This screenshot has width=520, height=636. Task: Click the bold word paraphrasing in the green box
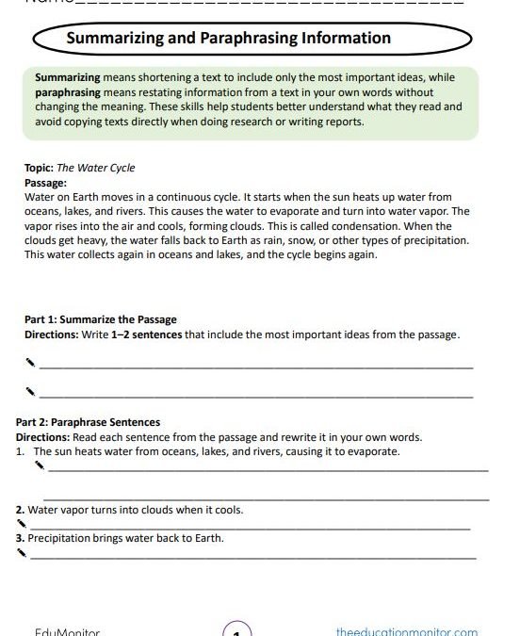pyautogui.click(x=69, y=94)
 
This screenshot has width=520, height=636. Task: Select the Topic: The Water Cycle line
pyautogui.click(x=80, y=168)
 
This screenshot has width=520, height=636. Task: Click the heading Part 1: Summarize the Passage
pyautogui.click(x=101, y=319)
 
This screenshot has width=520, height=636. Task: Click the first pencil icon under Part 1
pyautogui.click(x=30, y=361)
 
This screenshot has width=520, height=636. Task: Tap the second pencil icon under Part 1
pyautogui.click(x=30, y=388)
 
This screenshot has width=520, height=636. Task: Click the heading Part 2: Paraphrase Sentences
pyautogui.click(x=89, y=422)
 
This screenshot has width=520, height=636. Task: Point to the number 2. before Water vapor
pyautogui.click(x=21, y=510)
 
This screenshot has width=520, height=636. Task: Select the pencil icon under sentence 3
pyautogui.click(x=21, y=554)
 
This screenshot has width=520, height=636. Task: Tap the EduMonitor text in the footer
pyautogui.click(x=66, y=630)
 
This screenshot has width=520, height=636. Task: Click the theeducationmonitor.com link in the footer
pyautogui.click(x=406, y=630)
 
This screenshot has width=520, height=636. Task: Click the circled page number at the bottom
pyautogui.click(x=236, y=629)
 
